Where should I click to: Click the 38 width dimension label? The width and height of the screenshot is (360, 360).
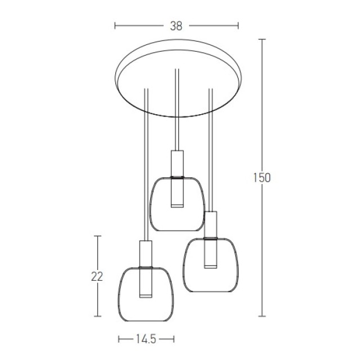pyautogui.click(x=176, y=26)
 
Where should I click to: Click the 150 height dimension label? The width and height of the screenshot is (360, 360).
pyautogui.click(x=262, y=178)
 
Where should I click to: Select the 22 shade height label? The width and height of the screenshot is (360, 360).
pyautogui.click(x=97, y=276)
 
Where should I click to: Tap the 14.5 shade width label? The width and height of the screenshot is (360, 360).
pyautogui.click(x=146, y=339)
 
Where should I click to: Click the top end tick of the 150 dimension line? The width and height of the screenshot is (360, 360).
pyautogui.click(x=262, y=39)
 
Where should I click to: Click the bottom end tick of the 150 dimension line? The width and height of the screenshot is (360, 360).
pyautogui.click(x=262, y=316)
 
